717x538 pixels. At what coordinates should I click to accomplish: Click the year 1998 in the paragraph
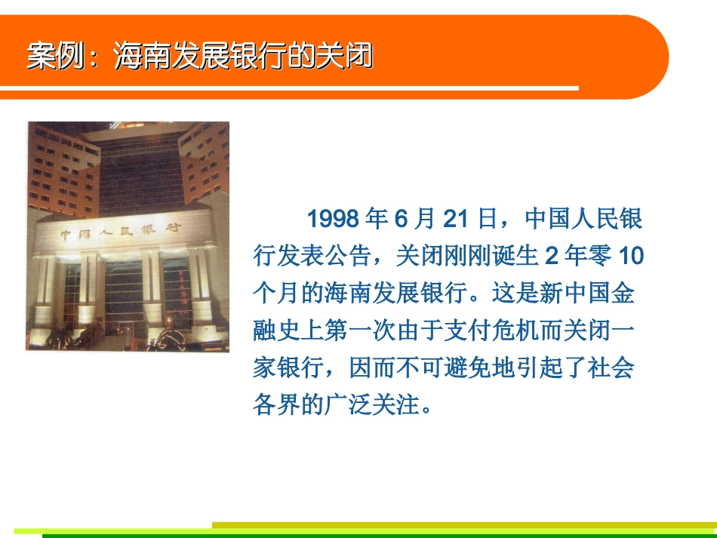(333, 220)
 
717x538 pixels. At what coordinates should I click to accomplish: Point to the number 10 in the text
(631, 257)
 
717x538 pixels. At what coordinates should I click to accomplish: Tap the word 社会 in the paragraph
(612, 368)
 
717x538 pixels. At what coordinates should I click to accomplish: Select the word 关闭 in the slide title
(352, 57)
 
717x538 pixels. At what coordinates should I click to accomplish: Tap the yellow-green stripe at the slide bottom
(463, 525)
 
